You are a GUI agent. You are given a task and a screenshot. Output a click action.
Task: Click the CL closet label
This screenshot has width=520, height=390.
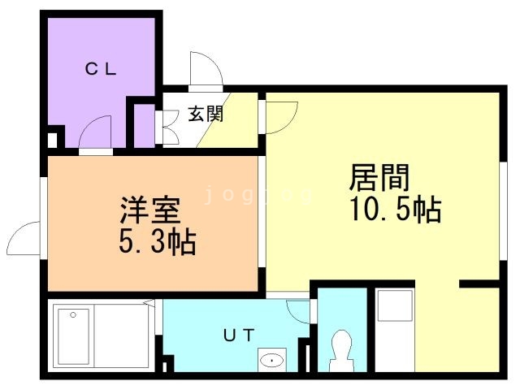click(102, 70)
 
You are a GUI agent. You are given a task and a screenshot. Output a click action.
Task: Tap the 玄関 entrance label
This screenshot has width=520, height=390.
click(206, 115)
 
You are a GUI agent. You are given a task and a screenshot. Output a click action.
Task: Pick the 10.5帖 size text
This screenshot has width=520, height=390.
click(396, 210)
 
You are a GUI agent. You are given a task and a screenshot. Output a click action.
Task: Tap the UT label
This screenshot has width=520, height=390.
click(240, 333)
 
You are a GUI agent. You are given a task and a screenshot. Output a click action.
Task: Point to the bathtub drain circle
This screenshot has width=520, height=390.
click(74, 314)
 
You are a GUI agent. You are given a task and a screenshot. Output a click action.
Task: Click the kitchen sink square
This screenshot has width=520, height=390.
click(394, 307)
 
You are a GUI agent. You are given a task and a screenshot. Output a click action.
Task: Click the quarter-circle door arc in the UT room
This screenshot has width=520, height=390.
click(299, 312)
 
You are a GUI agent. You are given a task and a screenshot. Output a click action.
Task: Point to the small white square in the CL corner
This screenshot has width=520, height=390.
click(53, 140)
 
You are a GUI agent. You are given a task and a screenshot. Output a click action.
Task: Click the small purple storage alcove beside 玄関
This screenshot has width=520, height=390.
click(143, 125)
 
